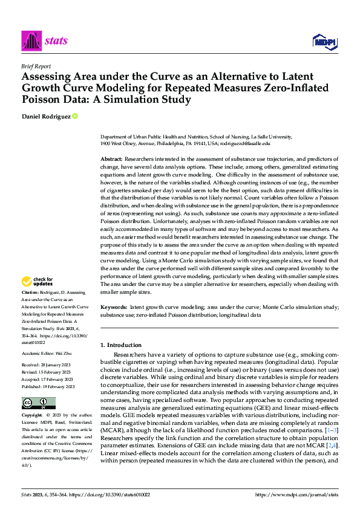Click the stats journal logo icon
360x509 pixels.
click(31, 41)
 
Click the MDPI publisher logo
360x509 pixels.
click(324, 41)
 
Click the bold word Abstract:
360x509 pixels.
click(111, 158)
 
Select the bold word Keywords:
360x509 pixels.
click(113, 307)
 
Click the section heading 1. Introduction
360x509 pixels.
click(121, 345)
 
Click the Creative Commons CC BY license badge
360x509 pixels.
click(38, 403)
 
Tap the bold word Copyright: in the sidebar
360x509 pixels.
click(33, 415)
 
